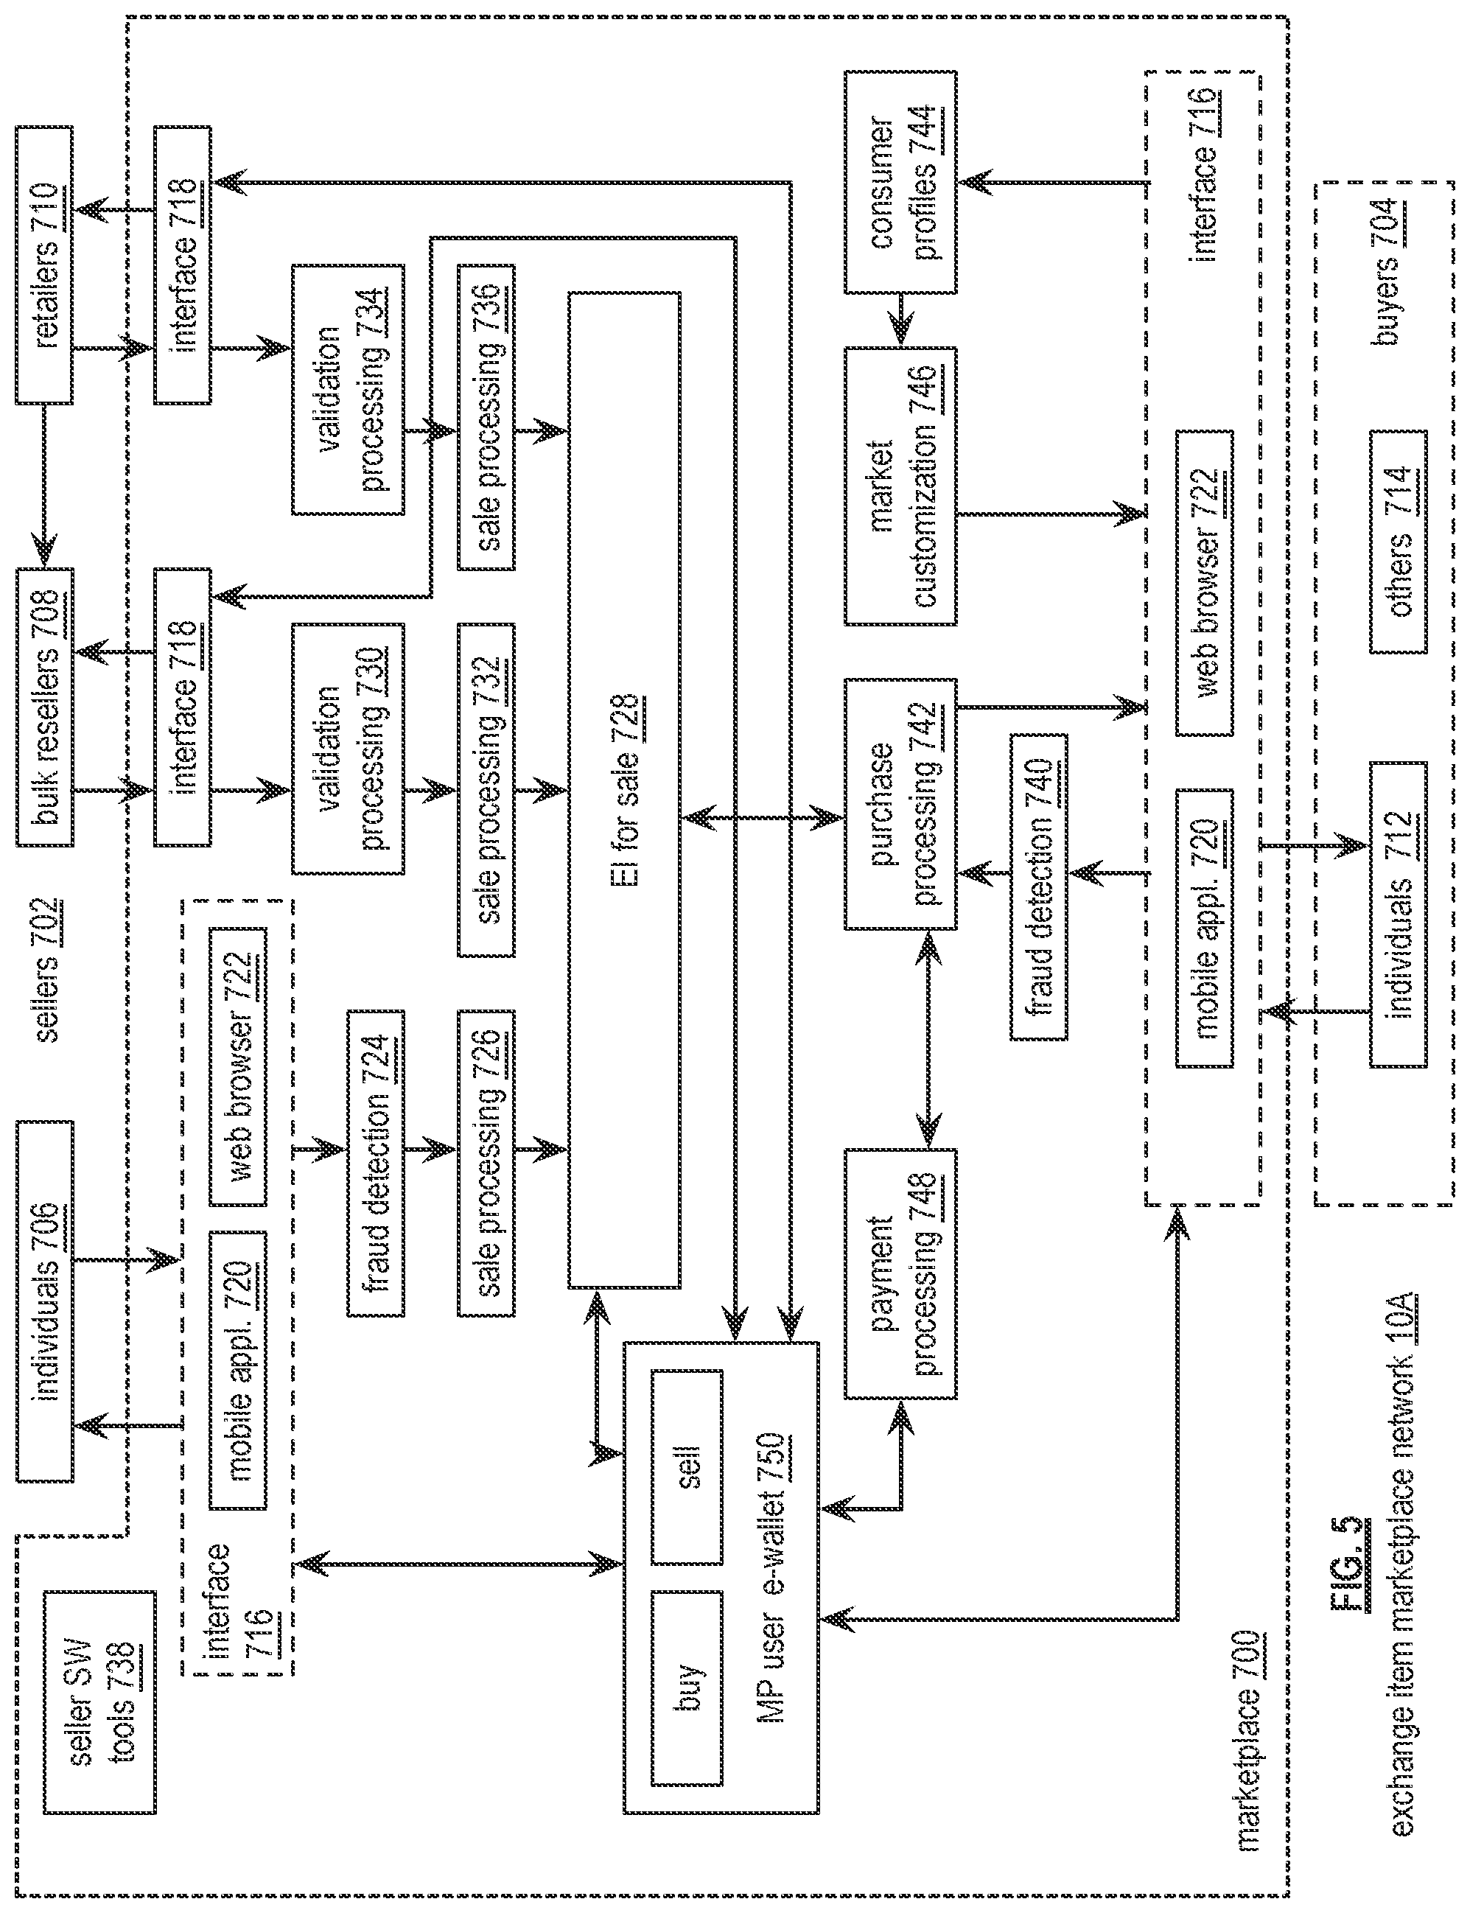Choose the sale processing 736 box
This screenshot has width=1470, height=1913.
pos(486,416)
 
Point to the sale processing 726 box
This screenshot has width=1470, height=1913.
pos(486,1163)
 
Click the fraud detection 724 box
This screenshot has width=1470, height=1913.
pos(377,1163)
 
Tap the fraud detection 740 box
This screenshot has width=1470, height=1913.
pos(1039,886)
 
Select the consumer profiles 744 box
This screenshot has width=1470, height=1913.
pos(900,182)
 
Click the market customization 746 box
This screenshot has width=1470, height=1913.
pos(900,486)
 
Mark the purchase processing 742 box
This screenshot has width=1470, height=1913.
pos(900,804)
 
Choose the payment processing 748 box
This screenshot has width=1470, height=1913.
pos(900,1273)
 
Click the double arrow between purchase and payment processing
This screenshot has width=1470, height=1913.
pos(928,1039)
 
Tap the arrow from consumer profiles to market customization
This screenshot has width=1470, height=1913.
pos(900,321)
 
